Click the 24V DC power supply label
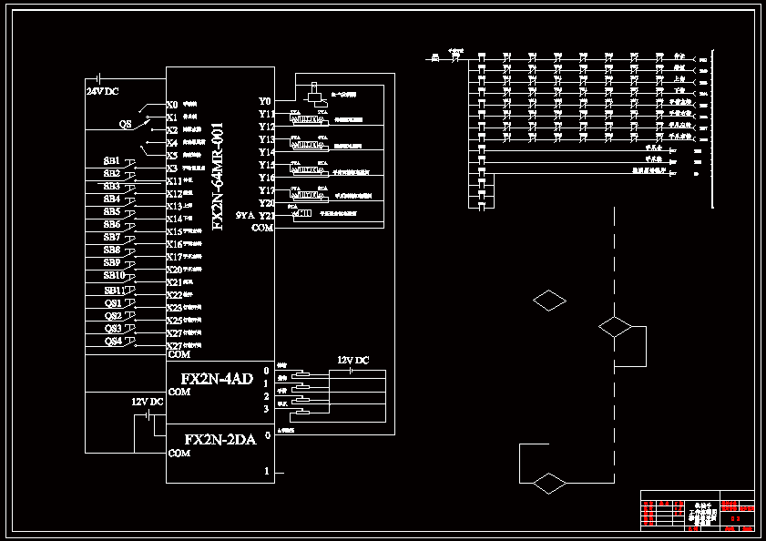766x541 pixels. [102, 92]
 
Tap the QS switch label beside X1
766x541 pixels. [126, 123]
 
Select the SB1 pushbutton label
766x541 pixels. [111, 161]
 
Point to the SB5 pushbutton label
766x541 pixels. [111, 211]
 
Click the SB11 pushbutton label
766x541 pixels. [113, 290]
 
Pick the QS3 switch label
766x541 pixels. [113, 328]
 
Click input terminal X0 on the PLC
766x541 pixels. [172, 105]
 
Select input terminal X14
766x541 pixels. [174, 219]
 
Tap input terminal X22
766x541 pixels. [174, 295]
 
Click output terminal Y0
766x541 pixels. [264, 101]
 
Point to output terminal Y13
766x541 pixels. [266, 139]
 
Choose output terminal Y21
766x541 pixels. [266, 216]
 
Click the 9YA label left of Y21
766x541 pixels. [244, 216]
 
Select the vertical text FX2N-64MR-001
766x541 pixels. [218, 176]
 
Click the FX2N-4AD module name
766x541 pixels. [216, 379]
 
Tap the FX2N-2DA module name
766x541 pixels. [216, 439]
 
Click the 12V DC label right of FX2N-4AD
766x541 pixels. [353, 361]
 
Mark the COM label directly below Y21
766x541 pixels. [262, 228]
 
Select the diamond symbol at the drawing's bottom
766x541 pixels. [549, 483]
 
